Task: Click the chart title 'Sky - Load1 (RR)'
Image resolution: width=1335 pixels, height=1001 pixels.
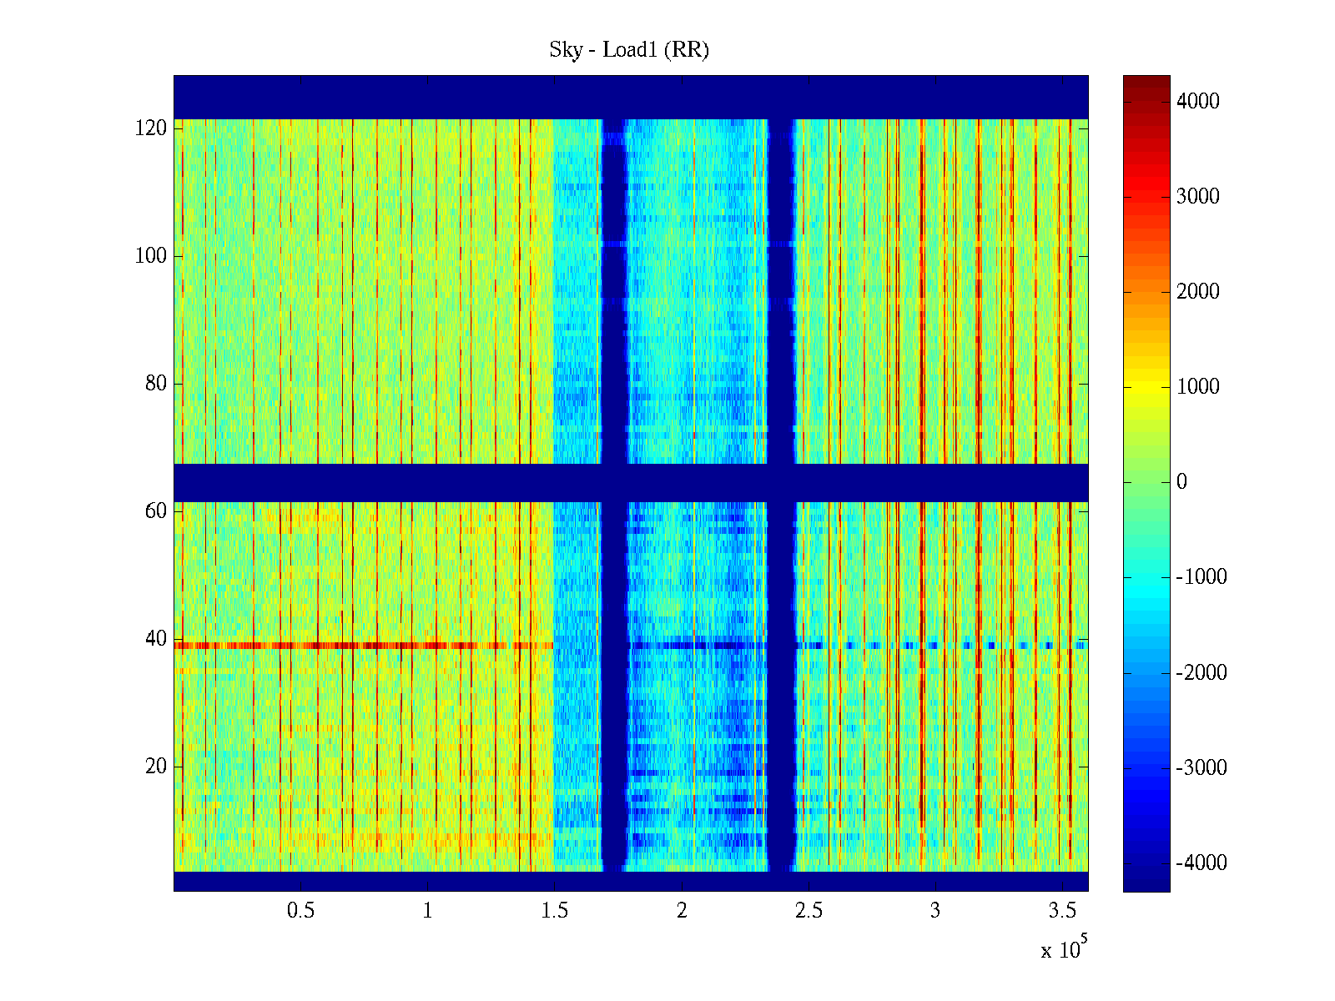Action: [x=629, y=50]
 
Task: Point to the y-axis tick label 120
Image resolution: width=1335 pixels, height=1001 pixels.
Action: [x=151, y=128]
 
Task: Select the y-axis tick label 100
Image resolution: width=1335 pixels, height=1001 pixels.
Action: [x=151, y=256]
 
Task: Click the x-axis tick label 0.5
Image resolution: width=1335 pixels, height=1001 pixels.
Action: [x=300, y=911]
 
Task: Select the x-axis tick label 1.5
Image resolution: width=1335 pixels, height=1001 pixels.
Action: [x=554, y=911]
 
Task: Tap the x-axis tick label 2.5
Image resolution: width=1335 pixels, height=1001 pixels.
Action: [x=808, y=911]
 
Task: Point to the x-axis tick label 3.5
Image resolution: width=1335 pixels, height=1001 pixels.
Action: [x=1061, y=911]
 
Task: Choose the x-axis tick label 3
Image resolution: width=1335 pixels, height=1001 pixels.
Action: [x=934, y=911]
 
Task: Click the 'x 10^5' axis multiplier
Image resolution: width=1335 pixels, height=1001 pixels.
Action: [x=1064, y=949]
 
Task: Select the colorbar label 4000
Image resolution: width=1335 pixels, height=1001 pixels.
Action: [x=1197, y=102]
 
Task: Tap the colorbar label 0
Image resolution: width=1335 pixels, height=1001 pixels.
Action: [x=1181, y=482]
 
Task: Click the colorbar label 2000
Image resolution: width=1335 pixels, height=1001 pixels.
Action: [x=1197, y=292]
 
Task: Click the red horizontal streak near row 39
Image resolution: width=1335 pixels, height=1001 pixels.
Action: [x=359, y=646]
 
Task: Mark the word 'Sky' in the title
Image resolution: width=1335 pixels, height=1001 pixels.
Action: [x=566, y=50]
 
